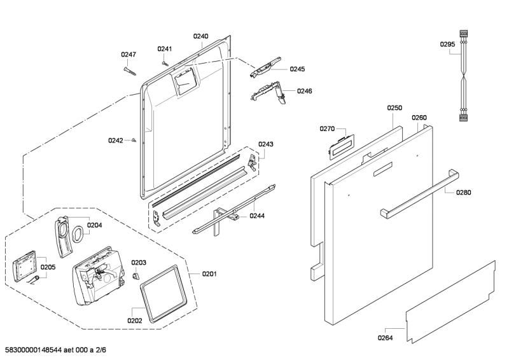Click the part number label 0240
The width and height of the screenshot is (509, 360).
tap(200, 36)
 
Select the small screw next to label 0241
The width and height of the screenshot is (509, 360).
tap(165, 62)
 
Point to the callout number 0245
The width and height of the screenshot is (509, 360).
tap(297, 69)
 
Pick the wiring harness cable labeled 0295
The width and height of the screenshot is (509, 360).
tap(462, 76)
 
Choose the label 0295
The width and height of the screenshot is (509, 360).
tap(447, 44)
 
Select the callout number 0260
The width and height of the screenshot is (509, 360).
tap(419, 118)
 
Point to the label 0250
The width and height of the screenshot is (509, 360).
tap(394, 109)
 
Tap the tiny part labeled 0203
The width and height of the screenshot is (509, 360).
tap(136, 276)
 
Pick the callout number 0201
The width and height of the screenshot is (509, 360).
tap(209, 274)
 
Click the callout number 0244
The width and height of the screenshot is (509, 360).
tap(257, 216)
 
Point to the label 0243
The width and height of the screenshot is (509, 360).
tap(265, 144)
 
